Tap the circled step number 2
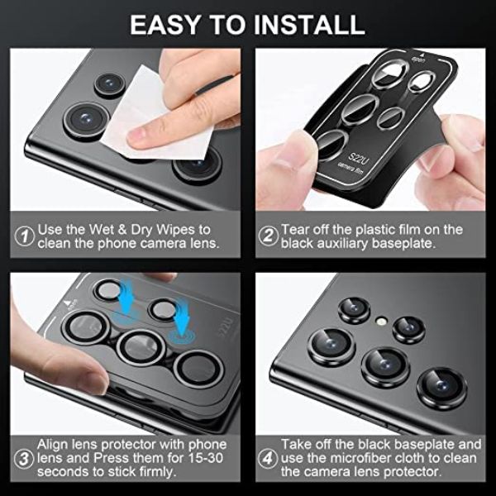[x=267, y=236]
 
